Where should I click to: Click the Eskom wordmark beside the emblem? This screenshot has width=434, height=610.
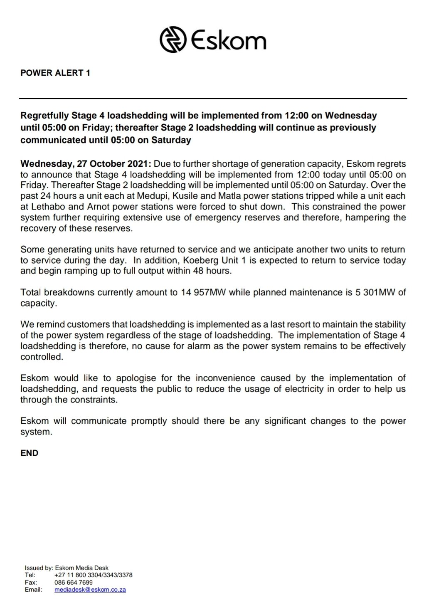click(228, 41)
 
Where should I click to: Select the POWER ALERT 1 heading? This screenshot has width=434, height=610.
click(55, 73)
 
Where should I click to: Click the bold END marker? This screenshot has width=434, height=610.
click(29, 453)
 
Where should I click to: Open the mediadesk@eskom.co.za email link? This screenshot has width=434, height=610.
click(90, 590)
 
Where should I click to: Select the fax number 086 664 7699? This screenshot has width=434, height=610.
click(73, 583)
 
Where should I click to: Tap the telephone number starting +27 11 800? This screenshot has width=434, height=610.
click(93, 575)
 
